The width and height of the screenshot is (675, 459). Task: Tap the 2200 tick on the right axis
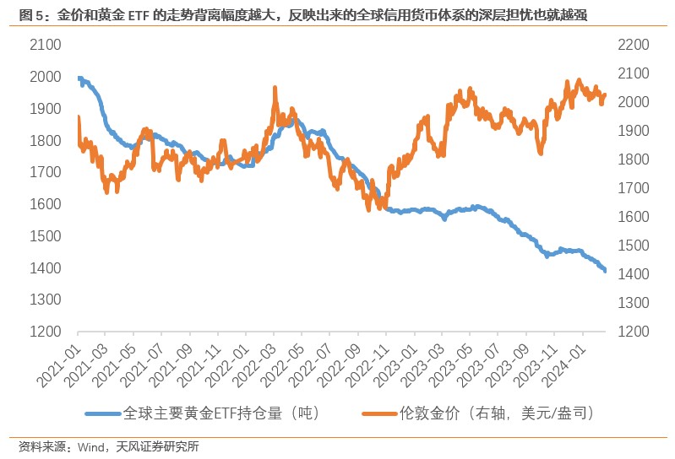[634, 45]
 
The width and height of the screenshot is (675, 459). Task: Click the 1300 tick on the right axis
[634, 303]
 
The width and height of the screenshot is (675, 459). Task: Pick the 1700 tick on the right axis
[634, 188]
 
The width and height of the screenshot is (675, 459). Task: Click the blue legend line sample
[102, 413]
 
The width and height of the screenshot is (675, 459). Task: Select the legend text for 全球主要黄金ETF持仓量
[221, 413]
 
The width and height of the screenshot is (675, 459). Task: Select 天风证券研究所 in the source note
[161, 447]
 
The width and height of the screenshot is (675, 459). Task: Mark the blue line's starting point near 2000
[79, 78]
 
